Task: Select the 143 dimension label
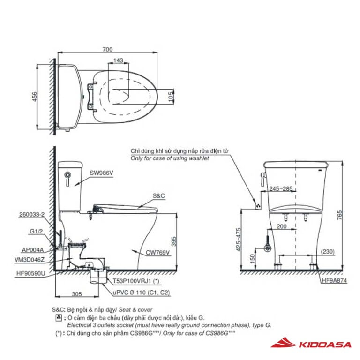pos(119,60)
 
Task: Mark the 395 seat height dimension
pos(174,241)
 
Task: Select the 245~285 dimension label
pos(280,189)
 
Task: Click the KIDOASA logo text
pos(325,345)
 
